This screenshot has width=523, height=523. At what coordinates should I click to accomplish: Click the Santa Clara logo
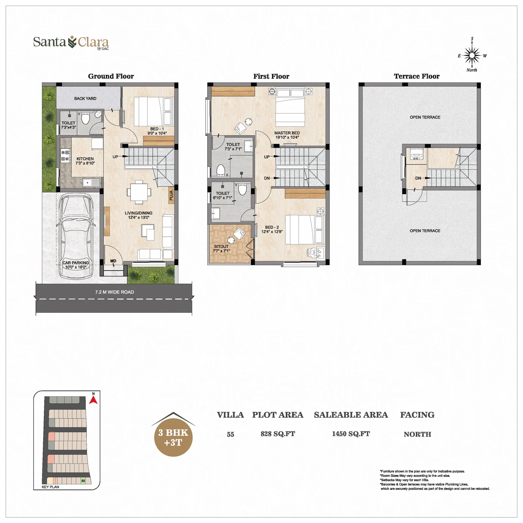[x=71, y=43]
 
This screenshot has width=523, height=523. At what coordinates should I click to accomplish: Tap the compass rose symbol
[x=472, y=56]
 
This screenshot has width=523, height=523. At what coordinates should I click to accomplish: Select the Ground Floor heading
[x=111, y=76]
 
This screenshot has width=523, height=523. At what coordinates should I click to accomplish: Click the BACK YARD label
[x=85, y=98]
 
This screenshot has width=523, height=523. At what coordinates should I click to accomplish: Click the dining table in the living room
[x=139, y=191]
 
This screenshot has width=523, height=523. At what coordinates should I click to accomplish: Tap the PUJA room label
[x=171, y=195]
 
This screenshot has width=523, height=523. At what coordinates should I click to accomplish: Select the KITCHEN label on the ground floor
[x=85, y=159]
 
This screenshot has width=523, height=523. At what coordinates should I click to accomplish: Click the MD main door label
[x=113, y=261]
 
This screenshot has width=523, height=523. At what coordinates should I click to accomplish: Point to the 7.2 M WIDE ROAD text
[x=114, y=292]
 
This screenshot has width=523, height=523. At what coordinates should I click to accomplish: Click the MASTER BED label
[x=287, y=133]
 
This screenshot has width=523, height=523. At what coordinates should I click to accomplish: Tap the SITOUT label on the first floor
[x=221, y=246]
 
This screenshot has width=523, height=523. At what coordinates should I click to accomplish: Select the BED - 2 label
[x=272, y=227]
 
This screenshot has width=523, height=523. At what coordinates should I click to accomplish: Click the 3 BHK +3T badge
[x=173, y=437]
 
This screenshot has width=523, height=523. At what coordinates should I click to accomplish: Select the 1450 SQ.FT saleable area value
[x=351, y=434]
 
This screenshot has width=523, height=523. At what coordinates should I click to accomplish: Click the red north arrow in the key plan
[x=93, y=400]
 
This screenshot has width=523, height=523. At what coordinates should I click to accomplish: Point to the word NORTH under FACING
[x=417, y=434]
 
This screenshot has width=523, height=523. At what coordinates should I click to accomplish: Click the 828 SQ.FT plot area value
[x=278, y=434]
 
